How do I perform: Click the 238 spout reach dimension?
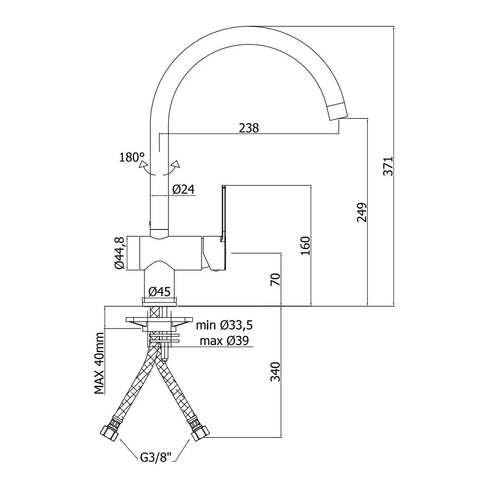[x=249, y=128]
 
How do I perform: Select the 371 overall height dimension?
[x=389, y=166]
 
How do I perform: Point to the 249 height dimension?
[x=362, y=212]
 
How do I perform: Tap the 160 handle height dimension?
[x=306, y=246]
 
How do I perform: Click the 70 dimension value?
[x=276, y=279]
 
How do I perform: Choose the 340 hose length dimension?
[x=276, y=372]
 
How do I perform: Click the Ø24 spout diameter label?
[x=184, y=189]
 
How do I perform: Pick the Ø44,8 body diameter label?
[x=120, y=253]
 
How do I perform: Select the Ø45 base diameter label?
[x=160, y=291]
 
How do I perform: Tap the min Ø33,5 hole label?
[x=224, y=325]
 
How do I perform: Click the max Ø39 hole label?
[x=224, y=341]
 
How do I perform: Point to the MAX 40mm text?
[x=99, y=363]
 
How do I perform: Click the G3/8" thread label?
[x=156, y=458]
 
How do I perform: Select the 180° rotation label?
[x=132, y=157]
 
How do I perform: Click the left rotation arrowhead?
[x=143, y=165]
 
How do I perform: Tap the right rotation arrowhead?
[x=176, y=164]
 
